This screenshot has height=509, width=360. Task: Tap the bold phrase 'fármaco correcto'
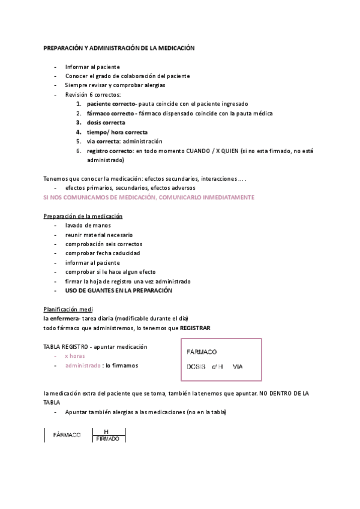pos(110,113)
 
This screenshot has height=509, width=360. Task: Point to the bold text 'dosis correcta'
pos(106,122)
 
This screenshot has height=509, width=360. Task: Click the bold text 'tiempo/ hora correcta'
pos(117,131)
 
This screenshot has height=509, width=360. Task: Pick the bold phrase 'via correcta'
pos(103,141)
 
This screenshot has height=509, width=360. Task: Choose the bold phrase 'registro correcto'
pos(110,151)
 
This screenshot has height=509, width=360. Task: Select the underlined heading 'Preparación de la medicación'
pos(83,216)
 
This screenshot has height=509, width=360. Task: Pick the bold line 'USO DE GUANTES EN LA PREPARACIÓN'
pos(119,291)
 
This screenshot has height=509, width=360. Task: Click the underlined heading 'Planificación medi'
pos(67,309)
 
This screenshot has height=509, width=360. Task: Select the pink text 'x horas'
pos(75,356)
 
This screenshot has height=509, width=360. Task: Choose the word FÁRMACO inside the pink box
pos(202,352)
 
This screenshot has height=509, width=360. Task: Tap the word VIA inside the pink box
pos(238,366)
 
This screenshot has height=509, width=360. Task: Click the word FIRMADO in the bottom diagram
pos(109,439)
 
